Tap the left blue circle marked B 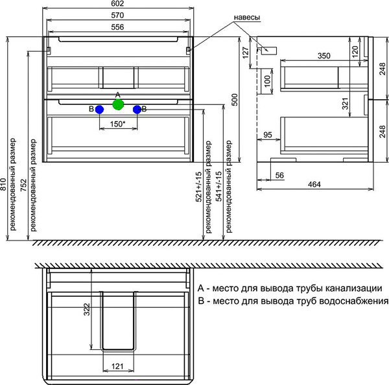coord(99,110)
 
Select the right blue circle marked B coord(137,110)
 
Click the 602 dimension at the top coord(118,5)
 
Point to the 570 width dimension coord(118,16)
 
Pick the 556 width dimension coord(118,27)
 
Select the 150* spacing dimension coord(117,124)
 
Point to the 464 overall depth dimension coord(314,185)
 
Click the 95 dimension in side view coord(268,135)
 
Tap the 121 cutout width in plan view coord(117,367)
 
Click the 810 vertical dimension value coord(5,186)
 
